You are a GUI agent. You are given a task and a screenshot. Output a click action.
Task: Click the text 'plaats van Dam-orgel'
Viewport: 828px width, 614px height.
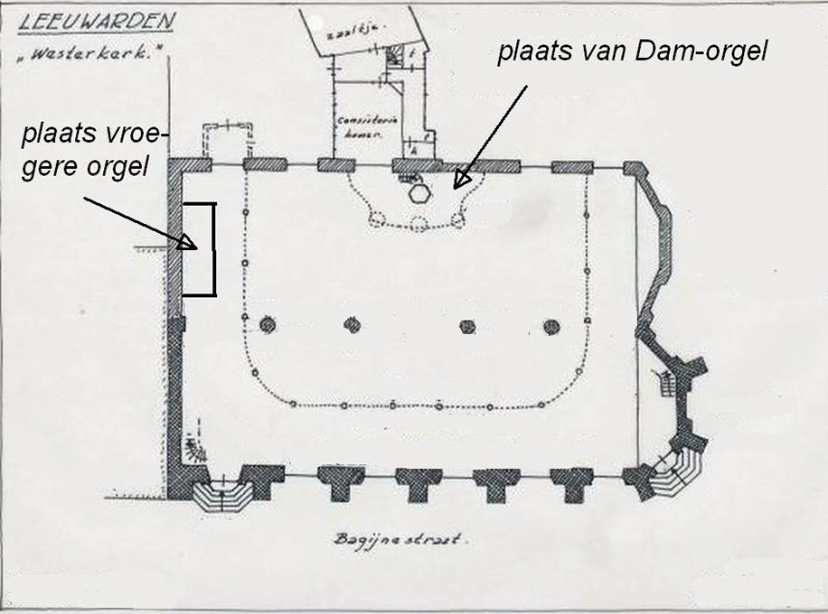[632, 51]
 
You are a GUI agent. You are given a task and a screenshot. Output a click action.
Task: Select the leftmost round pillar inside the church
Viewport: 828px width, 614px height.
[268, 325]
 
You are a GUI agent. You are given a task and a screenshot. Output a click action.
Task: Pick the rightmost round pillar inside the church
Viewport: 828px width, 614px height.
[551, 326]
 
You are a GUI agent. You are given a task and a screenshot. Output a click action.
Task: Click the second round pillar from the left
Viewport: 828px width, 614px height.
[352, 325]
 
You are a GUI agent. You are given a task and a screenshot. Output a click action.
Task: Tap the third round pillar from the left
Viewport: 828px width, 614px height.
[467, 326]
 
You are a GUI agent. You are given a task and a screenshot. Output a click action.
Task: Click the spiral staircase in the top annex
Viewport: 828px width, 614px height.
[395, 57]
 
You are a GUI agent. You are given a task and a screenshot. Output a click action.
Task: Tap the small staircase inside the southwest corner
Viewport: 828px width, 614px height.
[192, 444]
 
